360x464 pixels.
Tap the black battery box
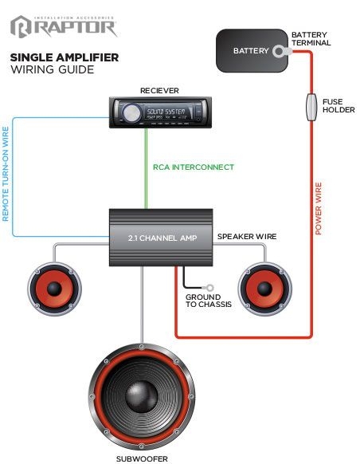(x=251, y=51)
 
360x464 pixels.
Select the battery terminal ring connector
(x=281, y=52)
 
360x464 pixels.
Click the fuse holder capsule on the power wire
(x=311, y=107)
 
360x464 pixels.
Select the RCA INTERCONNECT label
(x=194, y=167)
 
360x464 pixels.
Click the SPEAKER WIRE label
(x=247, y=237)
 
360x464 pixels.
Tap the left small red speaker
(x=54, y=288)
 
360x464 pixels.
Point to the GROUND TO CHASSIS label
(x=209, y=301)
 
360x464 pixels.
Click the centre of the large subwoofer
(x=142, y=395)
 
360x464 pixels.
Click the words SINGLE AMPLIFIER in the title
(x=65, y=57)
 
